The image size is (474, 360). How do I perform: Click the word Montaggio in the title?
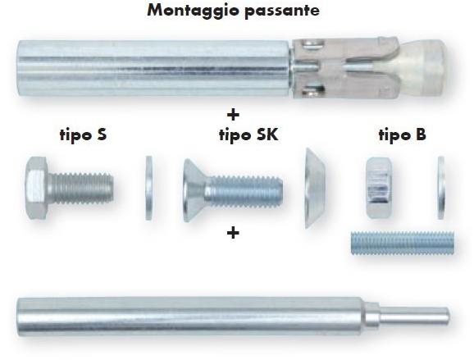click(194, 11)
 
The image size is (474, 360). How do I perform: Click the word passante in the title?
click(282, 11)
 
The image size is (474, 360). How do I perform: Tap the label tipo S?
click(84, 134)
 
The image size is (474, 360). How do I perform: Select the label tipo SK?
click(248, 134)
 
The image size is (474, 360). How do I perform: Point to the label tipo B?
click(403, 134)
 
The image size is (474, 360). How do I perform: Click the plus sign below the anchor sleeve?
click(233, 115)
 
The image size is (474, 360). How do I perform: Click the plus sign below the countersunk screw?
click(233, 233)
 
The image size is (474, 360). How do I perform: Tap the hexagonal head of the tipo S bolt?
click(38, 188)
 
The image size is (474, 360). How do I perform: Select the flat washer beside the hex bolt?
click(148, 188)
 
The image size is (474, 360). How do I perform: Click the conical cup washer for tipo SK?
click(314, 188)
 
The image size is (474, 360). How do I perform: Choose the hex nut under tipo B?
click(379, 188)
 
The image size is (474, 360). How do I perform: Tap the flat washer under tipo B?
click(441, 188)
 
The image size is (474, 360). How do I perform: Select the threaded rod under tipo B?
click(403, 243)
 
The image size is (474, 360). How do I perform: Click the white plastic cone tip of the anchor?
click(423, 69)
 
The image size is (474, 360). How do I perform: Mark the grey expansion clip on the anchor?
click(344, 68)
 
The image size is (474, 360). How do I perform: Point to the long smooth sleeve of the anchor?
click(154, 68)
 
